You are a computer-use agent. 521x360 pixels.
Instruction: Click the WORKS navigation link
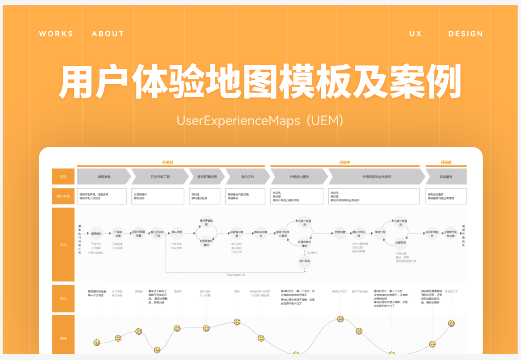56,34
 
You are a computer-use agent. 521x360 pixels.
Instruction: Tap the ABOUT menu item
108,34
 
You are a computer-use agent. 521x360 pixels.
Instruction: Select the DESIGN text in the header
465,34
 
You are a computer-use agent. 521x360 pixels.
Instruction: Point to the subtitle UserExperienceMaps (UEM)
260,120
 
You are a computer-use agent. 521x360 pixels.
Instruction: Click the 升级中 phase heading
345,162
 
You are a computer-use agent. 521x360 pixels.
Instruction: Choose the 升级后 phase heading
446,162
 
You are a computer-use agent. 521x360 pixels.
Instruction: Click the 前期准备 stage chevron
104,177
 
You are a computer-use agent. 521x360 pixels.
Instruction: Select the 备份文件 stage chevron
247,177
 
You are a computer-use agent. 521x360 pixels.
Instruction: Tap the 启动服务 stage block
446,177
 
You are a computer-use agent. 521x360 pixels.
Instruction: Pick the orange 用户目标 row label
63,196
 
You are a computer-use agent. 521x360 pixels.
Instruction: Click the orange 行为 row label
63,244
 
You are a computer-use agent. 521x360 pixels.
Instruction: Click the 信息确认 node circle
96,233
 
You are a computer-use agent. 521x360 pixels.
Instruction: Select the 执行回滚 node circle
304,261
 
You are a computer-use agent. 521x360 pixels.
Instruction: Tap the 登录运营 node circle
340,232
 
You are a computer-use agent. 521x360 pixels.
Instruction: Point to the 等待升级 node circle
380,232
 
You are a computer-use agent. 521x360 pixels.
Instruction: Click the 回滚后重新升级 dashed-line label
236,275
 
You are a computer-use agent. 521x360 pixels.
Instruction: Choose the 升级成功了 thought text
451,291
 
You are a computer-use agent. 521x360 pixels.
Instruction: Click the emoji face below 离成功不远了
341,319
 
